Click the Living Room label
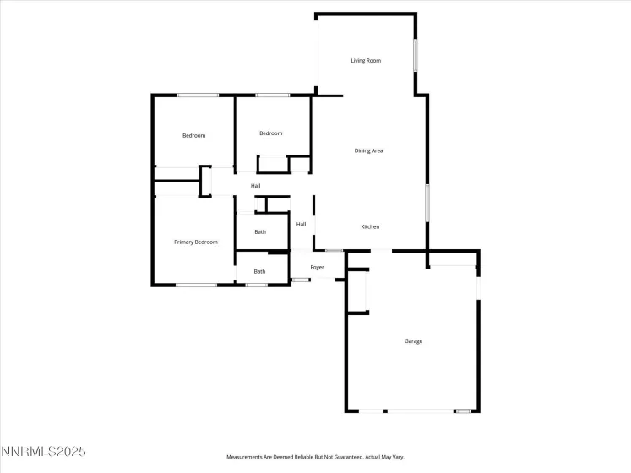click(x=367, y=61)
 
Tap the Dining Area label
click(x=368, y=150)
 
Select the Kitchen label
click(x=370, y=226)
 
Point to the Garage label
click(x=413, y=340)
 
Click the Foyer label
click(x=317, y=267)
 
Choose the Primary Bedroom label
click(x=196, y=242)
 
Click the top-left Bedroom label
click(x=194, y=135)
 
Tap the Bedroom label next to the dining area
click(x=270, y=133)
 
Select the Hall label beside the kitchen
click(x=301, y=224)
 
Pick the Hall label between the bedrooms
click(x=255, y=185)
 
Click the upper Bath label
click(x=260, y=231)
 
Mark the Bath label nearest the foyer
click(x=260, y=271)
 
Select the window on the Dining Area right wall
click(x=427, y=203)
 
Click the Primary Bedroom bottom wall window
click(x=196, y=285)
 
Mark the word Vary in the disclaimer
click(x=399, y=457)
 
